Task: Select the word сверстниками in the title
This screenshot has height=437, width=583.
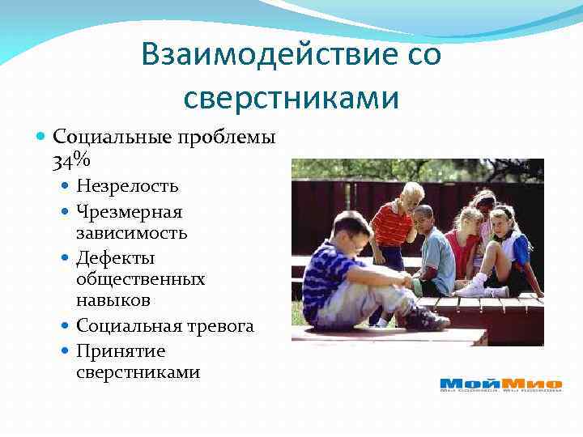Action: click(x=291, y=97)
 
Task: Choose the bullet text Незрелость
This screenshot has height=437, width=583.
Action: click(x=128, y=186)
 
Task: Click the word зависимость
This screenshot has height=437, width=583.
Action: click(x=132, y=233)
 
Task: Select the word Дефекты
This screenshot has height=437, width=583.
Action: click(x=116, y=257)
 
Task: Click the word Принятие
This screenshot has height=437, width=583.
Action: click(x=121, y=350)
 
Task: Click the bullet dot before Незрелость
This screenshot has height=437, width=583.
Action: click(x=66, y=186)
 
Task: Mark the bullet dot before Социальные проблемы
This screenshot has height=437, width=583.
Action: click(x=43, y=138)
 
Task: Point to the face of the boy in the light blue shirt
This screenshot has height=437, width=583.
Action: click(x=422, y=219)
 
